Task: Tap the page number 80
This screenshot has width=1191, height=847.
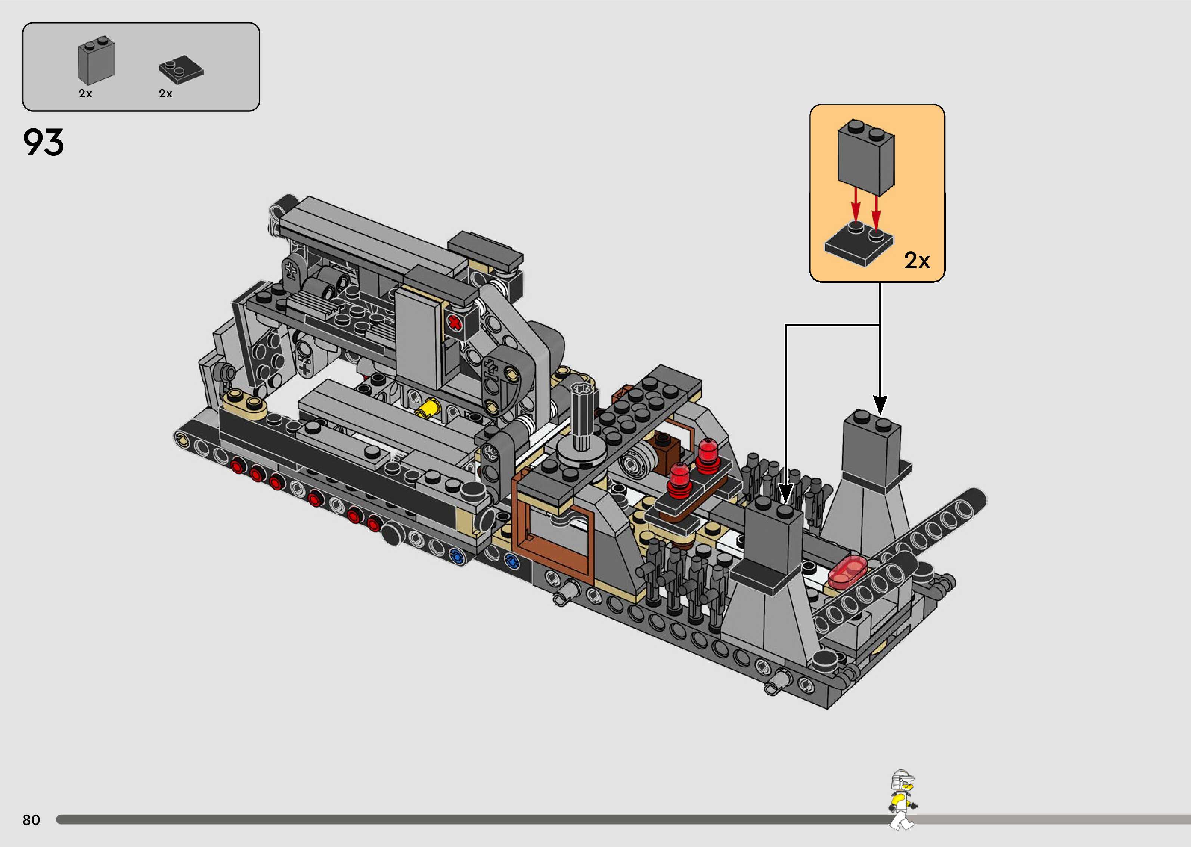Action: [x=31, y=820]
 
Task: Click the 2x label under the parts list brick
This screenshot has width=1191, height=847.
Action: [x=85, y=94]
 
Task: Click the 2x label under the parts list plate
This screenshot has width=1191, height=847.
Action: [x=165, y=94]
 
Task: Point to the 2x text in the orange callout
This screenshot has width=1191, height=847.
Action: [x=917, y=260]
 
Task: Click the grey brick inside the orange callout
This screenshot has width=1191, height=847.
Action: [x=866, y=156]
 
